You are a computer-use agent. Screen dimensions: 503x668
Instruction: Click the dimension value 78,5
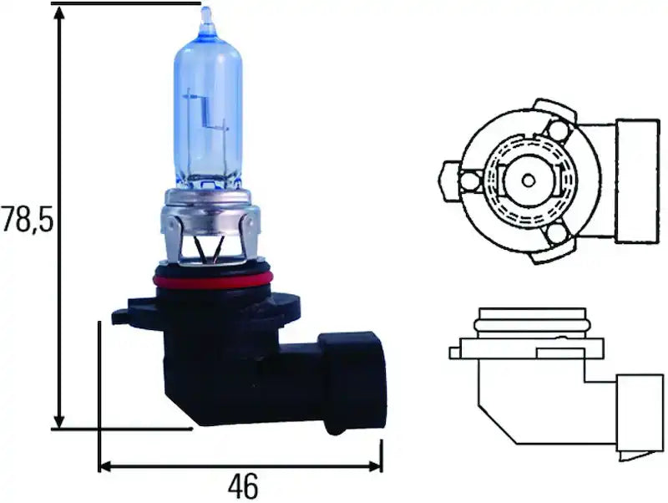[x=26, y=220]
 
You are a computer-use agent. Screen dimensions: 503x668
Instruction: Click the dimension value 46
[x=241, y=485]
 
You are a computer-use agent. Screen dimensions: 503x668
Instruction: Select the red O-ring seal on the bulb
[x=213, y=279]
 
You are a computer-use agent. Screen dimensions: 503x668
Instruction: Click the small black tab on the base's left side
[x=123, y=316]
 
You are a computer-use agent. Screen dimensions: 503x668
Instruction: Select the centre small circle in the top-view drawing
[x=528, y=180]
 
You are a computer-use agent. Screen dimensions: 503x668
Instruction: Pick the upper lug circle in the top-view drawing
[x=558, y=130]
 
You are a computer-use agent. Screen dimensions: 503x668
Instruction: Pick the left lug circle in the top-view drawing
[x=470, y=180]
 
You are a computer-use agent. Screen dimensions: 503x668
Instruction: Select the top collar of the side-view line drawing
[x=527, y=319]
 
